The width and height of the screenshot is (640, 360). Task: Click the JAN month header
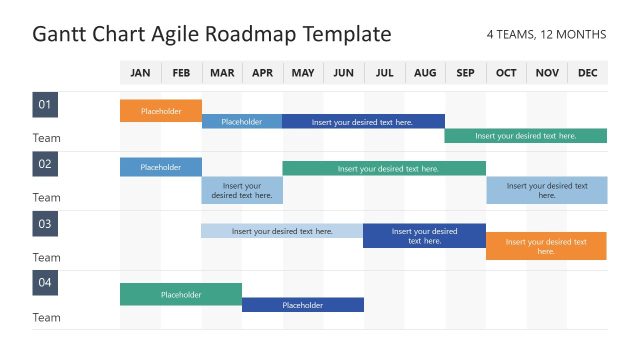pyautogui.click(x=140, y=73)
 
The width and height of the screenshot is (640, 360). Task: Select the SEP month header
pyautogui.click(x=465, y=73)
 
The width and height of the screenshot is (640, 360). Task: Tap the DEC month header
pyautogui.click(x=587, y=73)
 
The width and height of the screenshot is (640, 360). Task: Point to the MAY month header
pyautogui.click(x=302, y=73)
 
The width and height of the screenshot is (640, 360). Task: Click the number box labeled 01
pyautogui.click(x=45, y=104)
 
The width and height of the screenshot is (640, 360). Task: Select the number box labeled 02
pyautogui.click(x=45, y=163)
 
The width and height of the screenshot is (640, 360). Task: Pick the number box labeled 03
pyautogui.click(x=45, y=223)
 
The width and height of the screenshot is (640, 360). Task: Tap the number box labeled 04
pyautogui.click(x=45, y=283)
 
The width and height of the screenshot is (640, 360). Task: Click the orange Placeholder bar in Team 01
pyautogui.click(x=161, y=111)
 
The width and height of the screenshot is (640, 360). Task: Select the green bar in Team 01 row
pyautogui.click(x=525, y=136)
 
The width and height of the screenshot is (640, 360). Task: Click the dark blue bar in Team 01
pyautogui.click(x=362, y=122)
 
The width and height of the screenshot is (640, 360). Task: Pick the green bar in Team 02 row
pyautogui.click(x=383, y=168)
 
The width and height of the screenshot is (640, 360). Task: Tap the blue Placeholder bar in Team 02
pyautogui.click(x=161, y=167)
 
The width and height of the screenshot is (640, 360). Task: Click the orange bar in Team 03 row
pyautogui.click(x=546, y=246)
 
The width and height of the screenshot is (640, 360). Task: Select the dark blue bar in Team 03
pyautogui.click(x=424, y=236)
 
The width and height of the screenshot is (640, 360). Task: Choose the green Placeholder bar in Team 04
pyautogui.click(x=181, y=294)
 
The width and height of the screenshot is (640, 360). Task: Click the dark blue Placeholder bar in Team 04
pyautogui.click(x=302, y=305)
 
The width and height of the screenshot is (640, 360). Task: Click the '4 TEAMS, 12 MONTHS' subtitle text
pyautogui.click(x=546, y=35)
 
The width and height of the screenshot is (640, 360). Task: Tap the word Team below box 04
pyautogui.click(x=46, y=318)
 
